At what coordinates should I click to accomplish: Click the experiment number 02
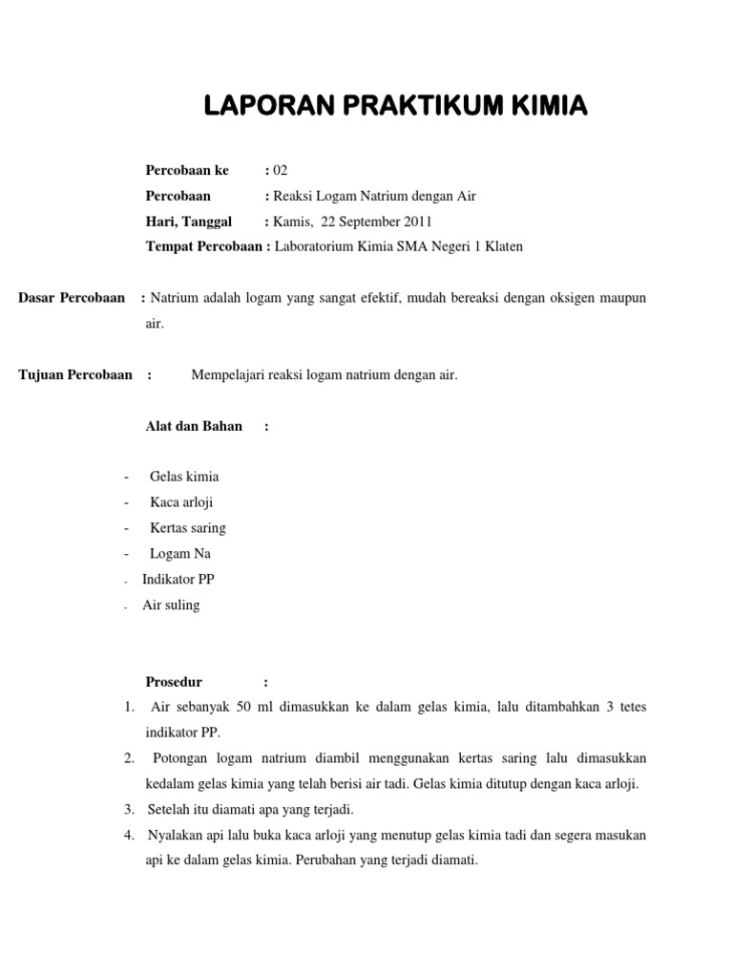click(281, 171)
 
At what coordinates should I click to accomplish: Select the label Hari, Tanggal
click(188, 222)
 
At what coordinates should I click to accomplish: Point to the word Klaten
click(502, 246)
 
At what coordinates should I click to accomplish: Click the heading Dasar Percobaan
click(72, 298)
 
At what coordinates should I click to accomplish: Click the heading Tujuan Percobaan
click(75, 374)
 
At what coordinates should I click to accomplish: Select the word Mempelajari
click(225, 374)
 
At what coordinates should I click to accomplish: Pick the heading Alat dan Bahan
click(194, 426)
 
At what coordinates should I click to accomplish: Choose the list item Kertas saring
click(188, 528)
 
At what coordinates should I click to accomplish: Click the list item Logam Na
click(180, 554)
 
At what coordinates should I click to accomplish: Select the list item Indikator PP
click(178, 580)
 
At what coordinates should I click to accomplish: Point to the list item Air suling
click(171, 606)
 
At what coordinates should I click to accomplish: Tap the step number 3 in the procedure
click(128, 810)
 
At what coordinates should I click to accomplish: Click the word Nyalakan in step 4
click(174, 835)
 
